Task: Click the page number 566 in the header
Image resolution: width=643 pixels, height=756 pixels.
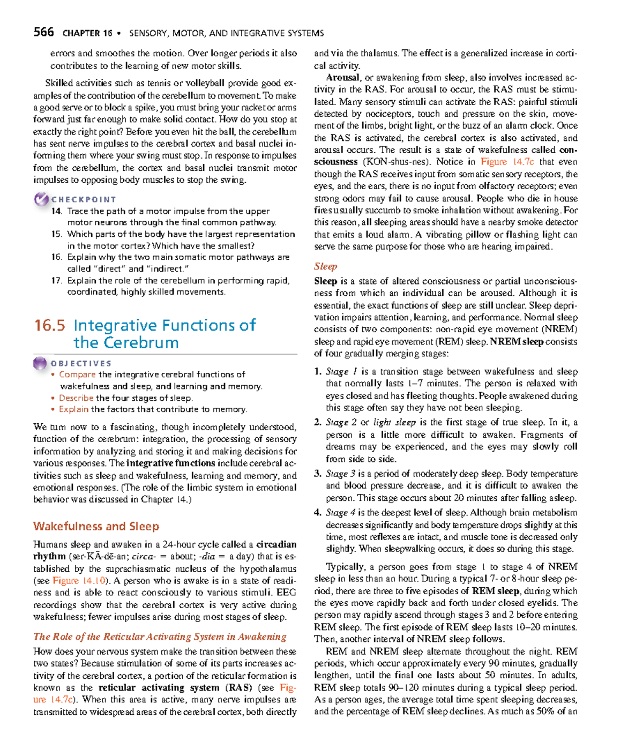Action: tap(43, 32)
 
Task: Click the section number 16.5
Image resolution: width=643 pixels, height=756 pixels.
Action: tap(49, 326)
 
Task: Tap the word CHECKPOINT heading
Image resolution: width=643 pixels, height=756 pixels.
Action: tap(84, 199)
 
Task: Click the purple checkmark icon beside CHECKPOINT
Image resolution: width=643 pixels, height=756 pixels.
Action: tap(41, 199)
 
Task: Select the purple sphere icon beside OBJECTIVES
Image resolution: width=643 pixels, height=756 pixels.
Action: tap(40, 363)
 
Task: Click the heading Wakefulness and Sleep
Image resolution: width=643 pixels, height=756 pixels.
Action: tap(96, 526)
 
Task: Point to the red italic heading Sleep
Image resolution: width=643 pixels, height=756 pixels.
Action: tap(325, 266)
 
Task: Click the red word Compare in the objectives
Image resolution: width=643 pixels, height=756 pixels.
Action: tap(77, 375)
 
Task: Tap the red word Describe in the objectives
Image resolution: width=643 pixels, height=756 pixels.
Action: tap(76, 398)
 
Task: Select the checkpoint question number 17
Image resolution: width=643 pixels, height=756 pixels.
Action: tap(56, 281)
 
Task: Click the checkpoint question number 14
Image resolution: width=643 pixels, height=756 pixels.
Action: tap(56, 211)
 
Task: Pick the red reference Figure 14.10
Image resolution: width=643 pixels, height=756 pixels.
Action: tap(79, 581)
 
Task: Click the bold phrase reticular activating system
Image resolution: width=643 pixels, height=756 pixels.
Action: tap(159, 687)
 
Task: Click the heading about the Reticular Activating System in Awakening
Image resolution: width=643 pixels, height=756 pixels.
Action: tap(160, 637)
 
